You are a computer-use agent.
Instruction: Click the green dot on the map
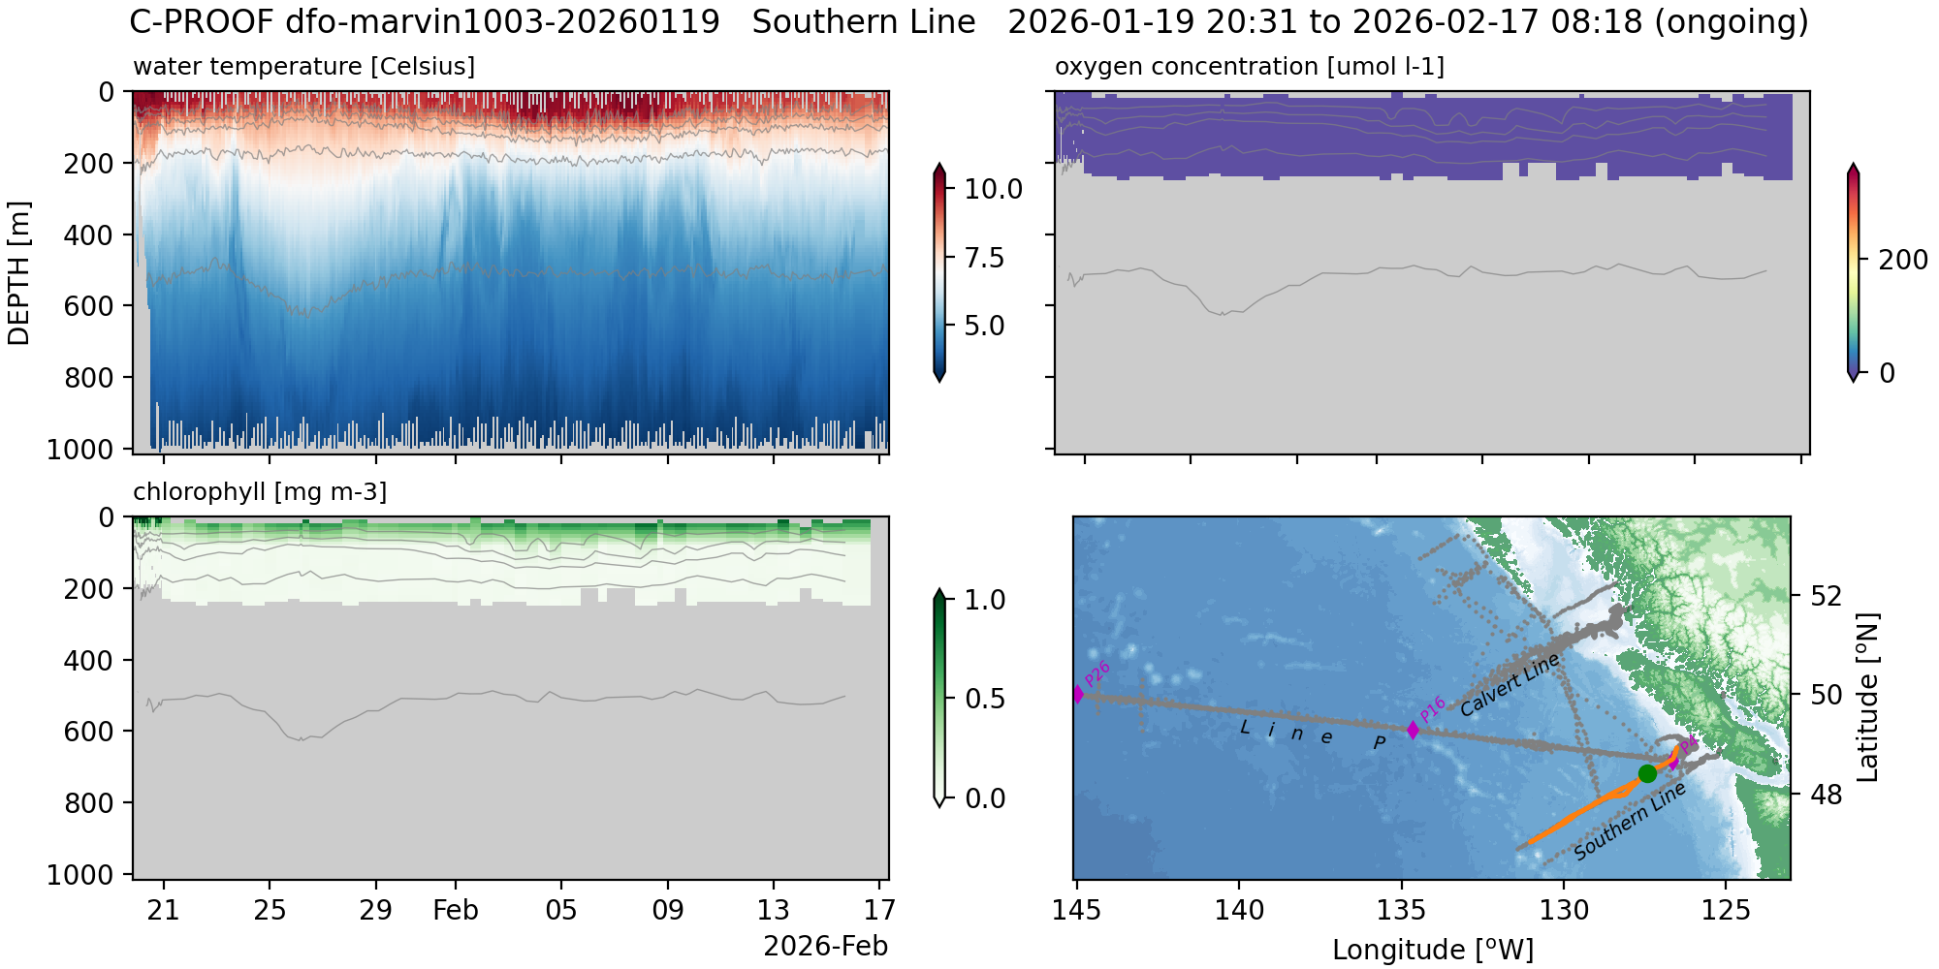[x=1647, y=773]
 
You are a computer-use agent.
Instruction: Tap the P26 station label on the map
[x=1097, y=673]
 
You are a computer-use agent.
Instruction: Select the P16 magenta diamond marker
[x=1413, y=730]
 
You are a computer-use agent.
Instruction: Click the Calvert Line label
[x=1510, y=684]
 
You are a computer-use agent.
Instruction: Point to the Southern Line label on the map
[x=1630, y=822]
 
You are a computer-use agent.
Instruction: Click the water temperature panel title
[x=303, y=67]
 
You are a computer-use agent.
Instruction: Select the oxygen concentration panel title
[x=1249, y=67]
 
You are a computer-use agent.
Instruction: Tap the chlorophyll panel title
[x=260, y=492]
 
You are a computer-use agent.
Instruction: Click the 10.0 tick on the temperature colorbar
[x=993, y=190]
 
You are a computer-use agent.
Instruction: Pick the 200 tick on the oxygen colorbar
[x=1903, y=260]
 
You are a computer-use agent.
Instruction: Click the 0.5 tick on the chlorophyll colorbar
[x=985, y=699]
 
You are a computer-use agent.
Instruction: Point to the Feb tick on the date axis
[x=456, y=911]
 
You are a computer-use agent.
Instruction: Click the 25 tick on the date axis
[x=270, y=911]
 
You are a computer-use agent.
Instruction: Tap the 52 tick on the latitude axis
[x=1826, y=595]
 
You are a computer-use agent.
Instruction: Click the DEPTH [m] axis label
[x=19, y=273]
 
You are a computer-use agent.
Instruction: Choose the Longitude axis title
[x=1432, y=951]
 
